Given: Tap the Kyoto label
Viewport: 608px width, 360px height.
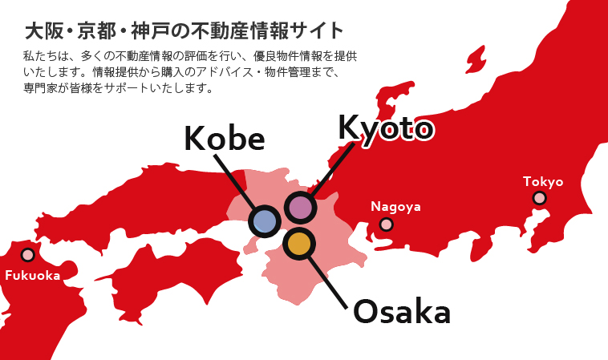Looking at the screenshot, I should coord(385,127).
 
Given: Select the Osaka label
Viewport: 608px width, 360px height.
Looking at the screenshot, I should coord(402,312).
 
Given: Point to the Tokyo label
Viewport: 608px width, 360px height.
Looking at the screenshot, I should coord(543,181).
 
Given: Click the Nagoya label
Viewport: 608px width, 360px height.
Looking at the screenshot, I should coord(395,207).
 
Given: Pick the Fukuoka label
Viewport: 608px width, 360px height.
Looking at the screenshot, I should coord(32,275).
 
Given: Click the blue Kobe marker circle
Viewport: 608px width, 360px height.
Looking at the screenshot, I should coord(265,220).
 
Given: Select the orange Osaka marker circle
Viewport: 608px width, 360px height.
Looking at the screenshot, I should coord(298,244).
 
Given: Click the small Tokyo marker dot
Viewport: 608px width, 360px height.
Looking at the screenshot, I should coord(539,198).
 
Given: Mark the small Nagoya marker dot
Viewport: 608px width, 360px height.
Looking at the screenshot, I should coord(386,224).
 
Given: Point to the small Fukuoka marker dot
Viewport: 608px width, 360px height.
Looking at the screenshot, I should coord(28,255).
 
